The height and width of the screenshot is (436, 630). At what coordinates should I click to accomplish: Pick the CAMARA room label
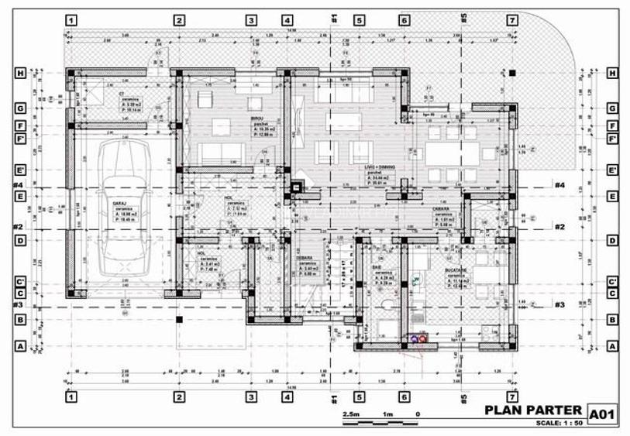click(x=442, y=209)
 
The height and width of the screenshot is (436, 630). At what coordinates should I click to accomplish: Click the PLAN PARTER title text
click(x=532, y=410)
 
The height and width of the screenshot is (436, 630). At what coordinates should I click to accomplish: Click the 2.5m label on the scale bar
click(x=351, y=414)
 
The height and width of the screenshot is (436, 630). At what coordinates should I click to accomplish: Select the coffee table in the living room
click(x=346, y=122)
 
